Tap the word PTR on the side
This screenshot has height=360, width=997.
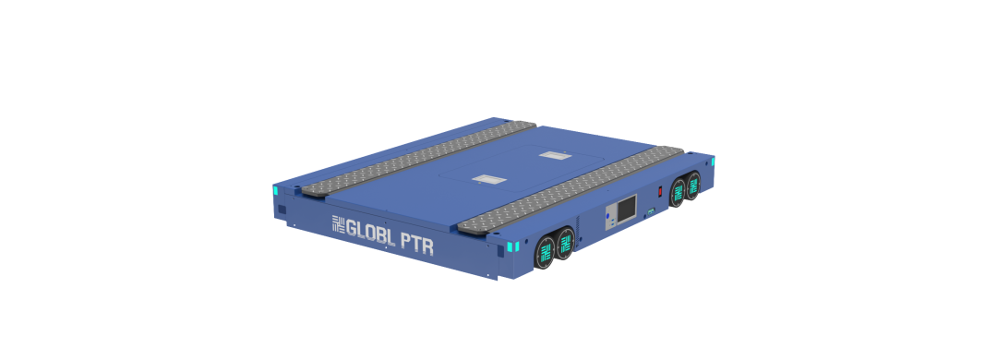tap(419, 244)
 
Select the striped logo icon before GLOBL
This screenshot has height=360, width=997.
tap(338, 224)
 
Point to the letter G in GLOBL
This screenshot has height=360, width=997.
tap(352, 226)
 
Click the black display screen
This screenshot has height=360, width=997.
tap(627, 208)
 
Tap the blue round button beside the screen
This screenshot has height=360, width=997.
tap(609, 217)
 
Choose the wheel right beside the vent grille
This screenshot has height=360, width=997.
tap(565, 245)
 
